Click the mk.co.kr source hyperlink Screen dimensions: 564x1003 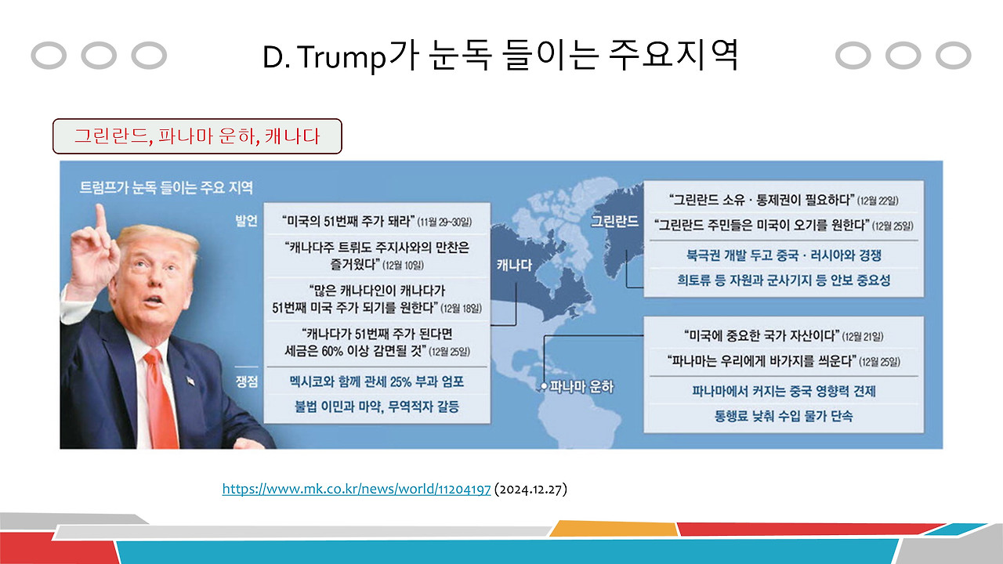pos(357,490)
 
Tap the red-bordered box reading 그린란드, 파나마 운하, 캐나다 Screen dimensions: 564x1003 pos(197,136)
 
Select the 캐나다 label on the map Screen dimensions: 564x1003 pos(514,266)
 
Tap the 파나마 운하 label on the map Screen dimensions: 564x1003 pos(582,387)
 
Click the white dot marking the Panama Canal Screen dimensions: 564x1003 pos(542,387)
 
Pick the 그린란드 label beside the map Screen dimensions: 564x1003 pos(614,221)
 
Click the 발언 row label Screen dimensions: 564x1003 pos(246,220)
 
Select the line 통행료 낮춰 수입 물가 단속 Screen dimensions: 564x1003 pos(784,416)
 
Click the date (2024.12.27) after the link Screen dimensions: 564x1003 pos(530,490)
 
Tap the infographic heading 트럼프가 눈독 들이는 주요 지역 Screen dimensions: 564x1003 pos(166,187)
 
